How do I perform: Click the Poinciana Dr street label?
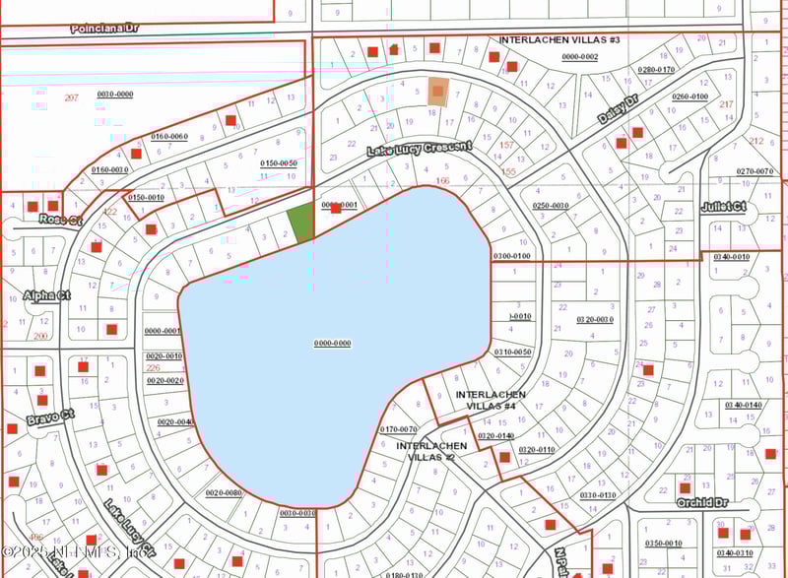104,29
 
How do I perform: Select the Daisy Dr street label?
619,109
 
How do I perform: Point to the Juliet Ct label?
723,208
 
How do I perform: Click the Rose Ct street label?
61,220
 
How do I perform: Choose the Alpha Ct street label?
49,295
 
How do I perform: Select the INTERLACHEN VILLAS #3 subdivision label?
559,40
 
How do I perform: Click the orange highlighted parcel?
437,92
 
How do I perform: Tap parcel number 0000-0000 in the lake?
333,343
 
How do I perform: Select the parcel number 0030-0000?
114,94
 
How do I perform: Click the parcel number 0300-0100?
511,256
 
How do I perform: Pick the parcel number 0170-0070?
399,428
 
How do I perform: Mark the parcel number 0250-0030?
552,205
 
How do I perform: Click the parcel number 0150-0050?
279,162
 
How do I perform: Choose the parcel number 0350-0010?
663,543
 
